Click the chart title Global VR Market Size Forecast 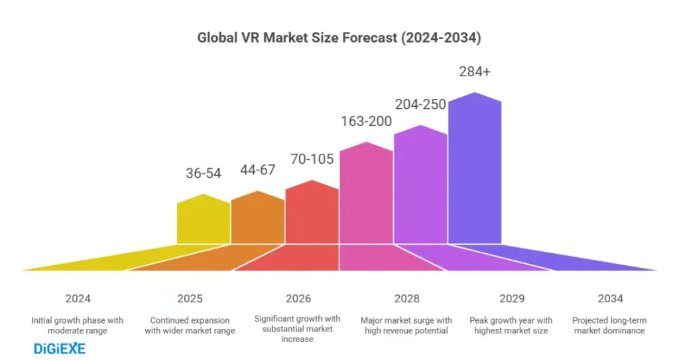(x=339, y=38)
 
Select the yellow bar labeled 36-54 (x=203, y=221)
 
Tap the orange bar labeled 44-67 (x=257, y=219)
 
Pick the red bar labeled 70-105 (x=312, y=213)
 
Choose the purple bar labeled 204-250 (x=420, y=186)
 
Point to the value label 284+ (x=475, y=72)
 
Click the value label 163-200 (x=366, y=121)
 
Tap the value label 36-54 (x=203, y=173)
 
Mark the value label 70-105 (x=312, y=158)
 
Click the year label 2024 (x=78, y=298)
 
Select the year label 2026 (x=298, y=298)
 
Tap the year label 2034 (x=610, y=298)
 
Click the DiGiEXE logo (x=59, y=348)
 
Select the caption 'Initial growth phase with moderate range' (x=77, y=325)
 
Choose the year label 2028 (x=406, y=298)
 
